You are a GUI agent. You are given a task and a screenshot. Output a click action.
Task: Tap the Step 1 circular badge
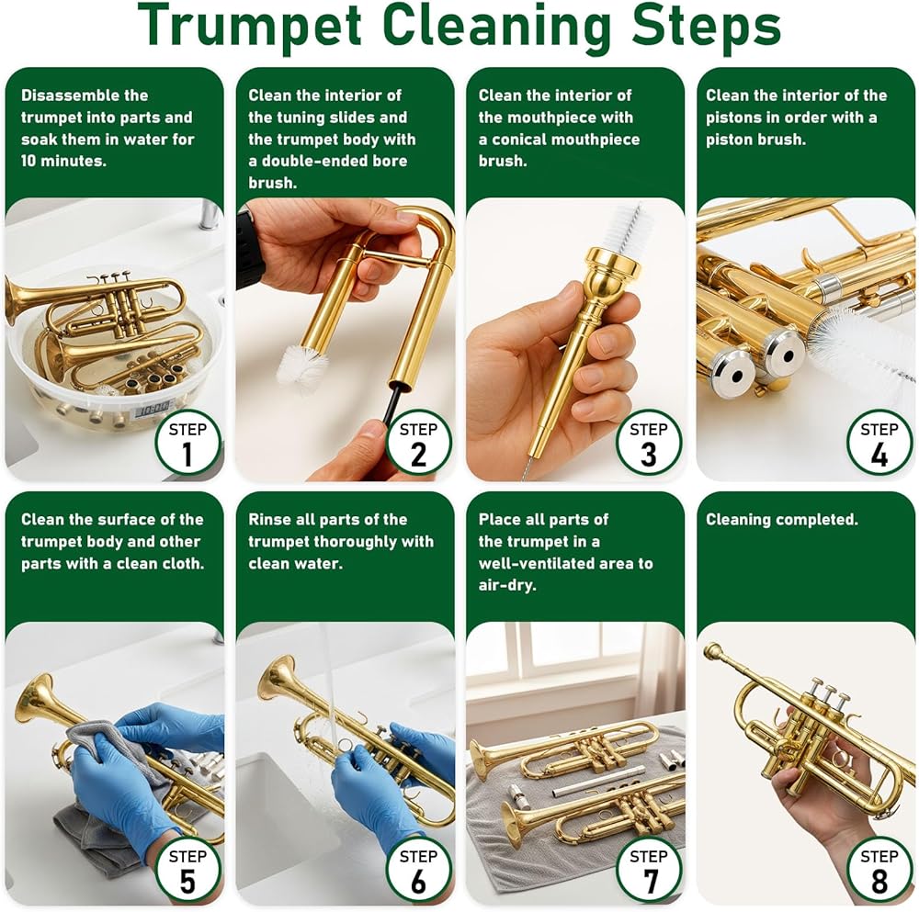click(187, 443)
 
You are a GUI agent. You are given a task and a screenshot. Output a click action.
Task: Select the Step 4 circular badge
click(879, 443)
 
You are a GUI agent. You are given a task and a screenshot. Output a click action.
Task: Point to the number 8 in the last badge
click(879, 881)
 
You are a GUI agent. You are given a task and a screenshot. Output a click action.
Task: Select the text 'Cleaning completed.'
click(781, 520)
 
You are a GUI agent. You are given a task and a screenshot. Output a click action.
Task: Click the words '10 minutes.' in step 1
click(63, 161)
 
